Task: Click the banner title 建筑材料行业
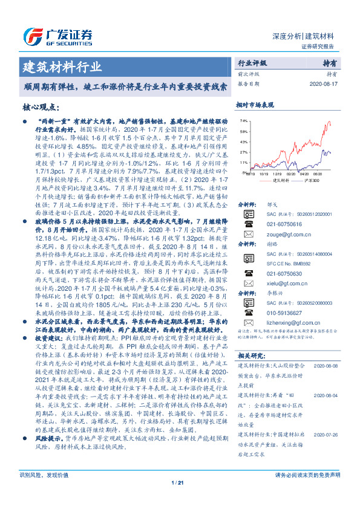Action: coord(62,66)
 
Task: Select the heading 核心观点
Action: coord(41,107)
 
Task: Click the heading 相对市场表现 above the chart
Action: coord(255,105)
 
